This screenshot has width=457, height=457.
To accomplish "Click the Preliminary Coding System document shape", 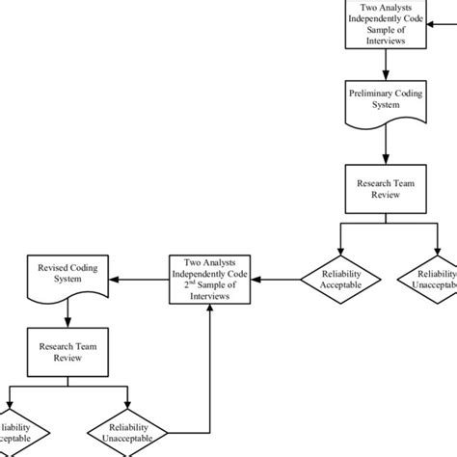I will (385, 115).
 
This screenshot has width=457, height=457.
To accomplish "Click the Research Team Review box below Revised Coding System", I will (67, 351).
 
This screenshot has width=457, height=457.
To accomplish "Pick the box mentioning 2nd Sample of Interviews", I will (210, 280).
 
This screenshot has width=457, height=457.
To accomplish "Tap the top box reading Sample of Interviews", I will (385, 24).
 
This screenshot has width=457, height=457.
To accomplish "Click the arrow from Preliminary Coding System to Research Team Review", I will (385, 149).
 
